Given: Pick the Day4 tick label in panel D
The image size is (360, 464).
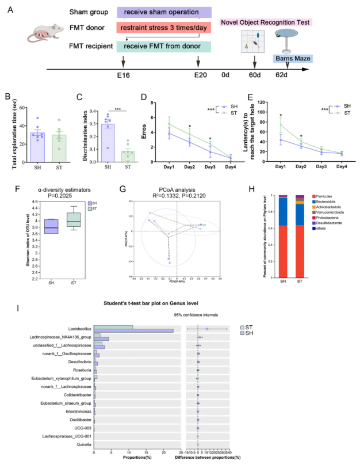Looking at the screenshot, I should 229,167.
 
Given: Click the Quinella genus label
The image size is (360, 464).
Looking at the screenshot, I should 83,445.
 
